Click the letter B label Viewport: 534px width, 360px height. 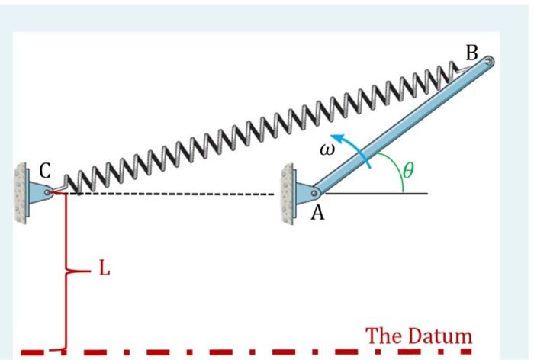tap(471, 53)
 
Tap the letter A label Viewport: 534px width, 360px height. tap(317, 214)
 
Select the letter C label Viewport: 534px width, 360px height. tap(44, 173)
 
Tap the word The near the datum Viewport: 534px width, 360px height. tap(384, 335)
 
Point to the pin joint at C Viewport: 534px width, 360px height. tap(49, 193)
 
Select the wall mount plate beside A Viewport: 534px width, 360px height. tap(288, 193)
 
